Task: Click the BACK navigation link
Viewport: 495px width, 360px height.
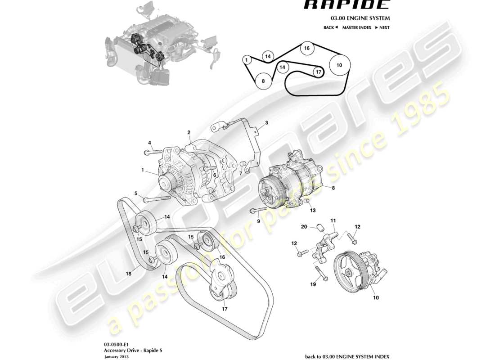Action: [330, 27]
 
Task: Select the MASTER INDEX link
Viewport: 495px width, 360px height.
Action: [356, 27]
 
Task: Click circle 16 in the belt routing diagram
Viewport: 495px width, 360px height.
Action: [306, 48]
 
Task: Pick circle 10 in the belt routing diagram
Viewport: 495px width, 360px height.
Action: [339, 65]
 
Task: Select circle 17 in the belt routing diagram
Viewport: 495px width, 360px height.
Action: [318, 72]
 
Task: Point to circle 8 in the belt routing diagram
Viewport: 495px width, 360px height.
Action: [263, 81]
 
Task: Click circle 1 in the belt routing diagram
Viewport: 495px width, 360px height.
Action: [247, 59]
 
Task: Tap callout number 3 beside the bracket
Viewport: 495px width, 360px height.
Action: [266, 122]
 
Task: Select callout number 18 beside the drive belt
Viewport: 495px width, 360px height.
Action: [129, 273]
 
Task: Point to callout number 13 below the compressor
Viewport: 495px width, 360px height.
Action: [313, 210]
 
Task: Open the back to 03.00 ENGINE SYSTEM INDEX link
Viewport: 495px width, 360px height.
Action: [346, 356]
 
